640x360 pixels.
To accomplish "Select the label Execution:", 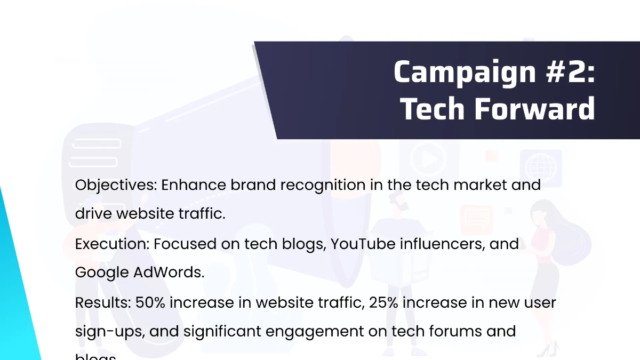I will point(112,244).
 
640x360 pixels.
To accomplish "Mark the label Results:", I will point(103,303).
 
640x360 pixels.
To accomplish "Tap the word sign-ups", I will point(109,332).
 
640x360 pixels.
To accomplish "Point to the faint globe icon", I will point(540,166).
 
